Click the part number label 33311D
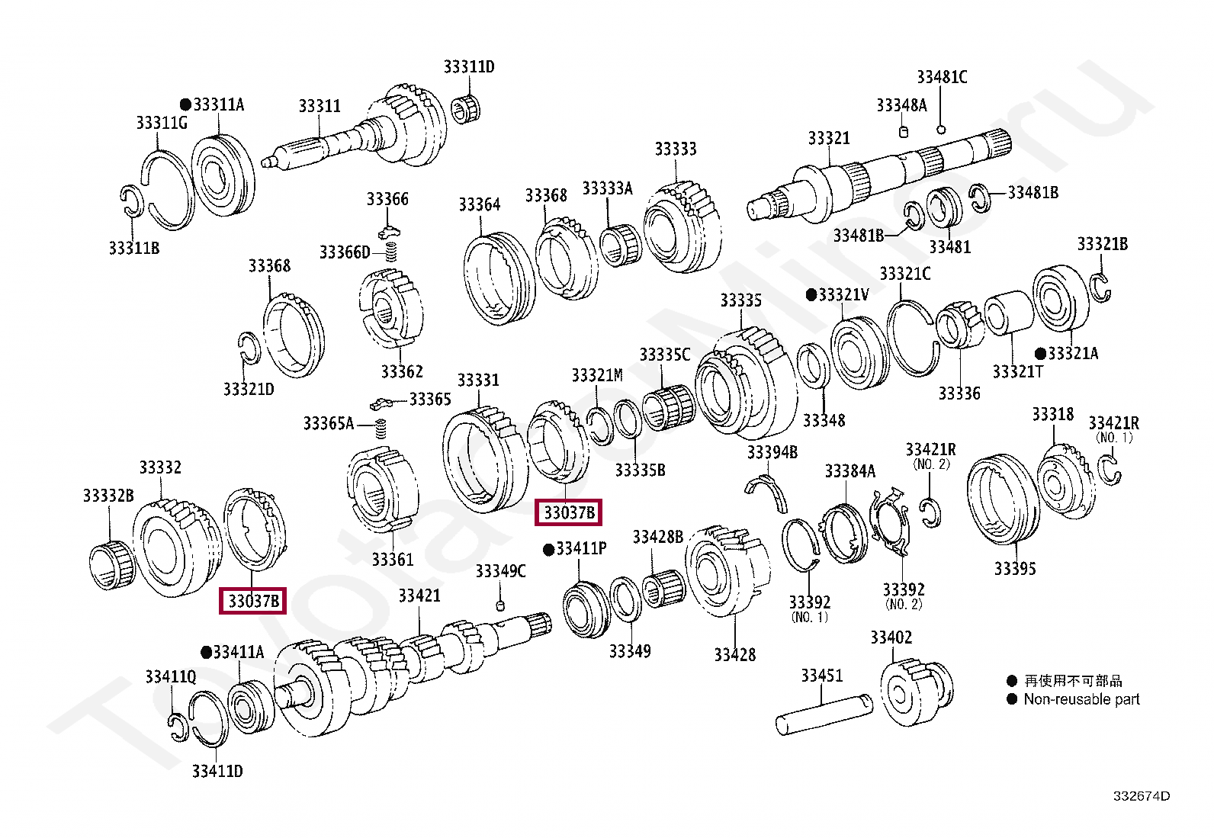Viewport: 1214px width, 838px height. [468, 67]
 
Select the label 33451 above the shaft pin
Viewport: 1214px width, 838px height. [821, 676]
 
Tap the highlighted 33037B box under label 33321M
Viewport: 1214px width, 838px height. [569, 512]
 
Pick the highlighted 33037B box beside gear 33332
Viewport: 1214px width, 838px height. [252, 601]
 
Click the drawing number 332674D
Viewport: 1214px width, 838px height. [1141, 796]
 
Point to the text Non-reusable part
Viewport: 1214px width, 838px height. [1081, 699]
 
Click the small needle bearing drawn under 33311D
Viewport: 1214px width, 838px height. [464, 108]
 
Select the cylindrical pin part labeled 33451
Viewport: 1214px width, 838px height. [823, 712]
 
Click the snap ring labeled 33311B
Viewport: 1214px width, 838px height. [131, 201]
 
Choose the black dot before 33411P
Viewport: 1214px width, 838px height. [548, 550]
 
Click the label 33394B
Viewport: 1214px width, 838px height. [772, 453]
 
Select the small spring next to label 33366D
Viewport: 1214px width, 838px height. [391, 251]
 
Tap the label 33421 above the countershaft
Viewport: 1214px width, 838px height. [419, 596]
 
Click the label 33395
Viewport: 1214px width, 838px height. [1014, 569]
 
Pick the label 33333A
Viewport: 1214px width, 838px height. [607, 188]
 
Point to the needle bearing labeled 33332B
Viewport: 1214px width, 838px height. [111, 564]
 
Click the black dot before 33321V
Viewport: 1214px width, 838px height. [811, 294]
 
